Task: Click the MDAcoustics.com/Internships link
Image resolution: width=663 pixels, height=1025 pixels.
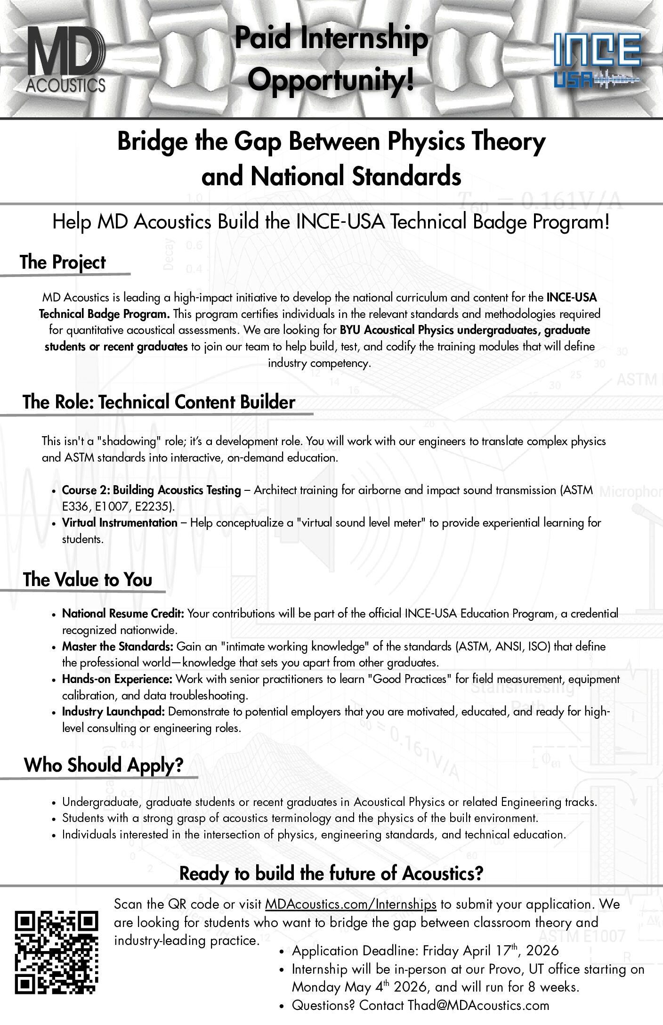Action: point(350,904)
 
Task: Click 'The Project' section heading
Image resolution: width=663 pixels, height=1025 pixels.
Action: point(63,262)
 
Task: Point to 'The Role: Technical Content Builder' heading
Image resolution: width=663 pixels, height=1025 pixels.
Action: point(159,402)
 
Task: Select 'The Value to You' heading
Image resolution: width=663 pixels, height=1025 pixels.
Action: point(88,579)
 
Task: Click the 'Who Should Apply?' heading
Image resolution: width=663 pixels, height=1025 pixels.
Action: point(104,765)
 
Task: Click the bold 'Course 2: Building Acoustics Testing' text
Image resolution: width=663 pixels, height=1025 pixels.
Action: point(151,490)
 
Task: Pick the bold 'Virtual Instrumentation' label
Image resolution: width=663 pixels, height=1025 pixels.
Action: point(120,522)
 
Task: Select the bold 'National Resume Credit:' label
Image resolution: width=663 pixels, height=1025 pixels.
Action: point(123,613)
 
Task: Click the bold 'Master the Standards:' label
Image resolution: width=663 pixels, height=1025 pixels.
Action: point(118,646)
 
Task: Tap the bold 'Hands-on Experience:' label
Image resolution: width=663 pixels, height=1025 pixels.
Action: point(118,679)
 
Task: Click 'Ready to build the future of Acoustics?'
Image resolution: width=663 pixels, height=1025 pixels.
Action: point(331,873)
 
